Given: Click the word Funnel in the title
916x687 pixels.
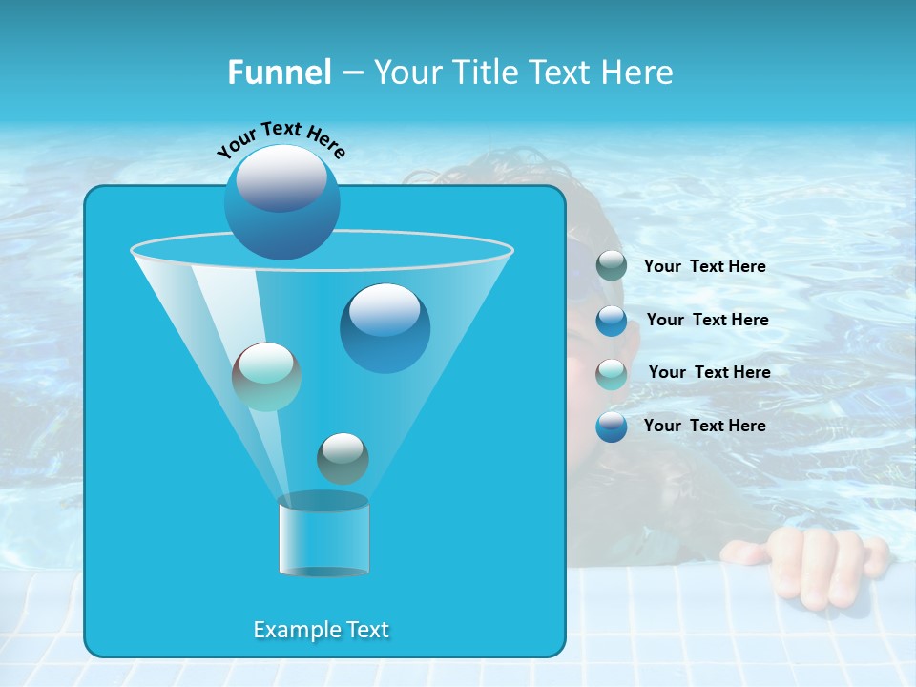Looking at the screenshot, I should [279, 73].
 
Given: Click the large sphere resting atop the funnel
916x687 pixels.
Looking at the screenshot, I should [281, 201].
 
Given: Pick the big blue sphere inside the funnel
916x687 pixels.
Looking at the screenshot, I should [385, 327].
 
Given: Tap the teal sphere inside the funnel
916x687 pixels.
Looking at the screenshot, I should [266, 377].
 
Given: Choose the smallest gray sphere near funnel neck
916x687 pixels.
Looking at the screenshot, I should [343, 458].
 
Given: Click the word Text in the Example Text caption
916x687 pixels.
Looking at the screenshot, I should [365, 630].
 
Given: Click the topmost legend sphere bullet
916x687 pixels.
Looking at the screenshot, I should [612, 266].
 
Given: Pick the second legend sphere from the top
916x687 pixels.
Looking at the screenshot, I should [612, 320].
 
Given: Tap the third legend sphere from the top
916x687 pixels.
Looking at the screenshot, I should [612, 373].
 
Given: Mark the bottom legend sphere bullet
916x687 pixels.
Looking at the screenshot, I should [612, 427].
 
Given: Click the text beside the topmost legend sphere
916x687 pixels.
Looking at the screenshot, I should [704, 266].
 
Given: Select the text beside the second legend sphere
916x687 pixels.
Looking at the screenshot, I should [707, 320].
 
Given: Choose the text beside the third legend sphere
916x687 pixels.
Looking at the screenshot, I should [709, 372].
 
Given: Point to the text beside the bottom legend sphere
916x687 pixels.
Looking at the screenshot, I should [704, 426].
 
